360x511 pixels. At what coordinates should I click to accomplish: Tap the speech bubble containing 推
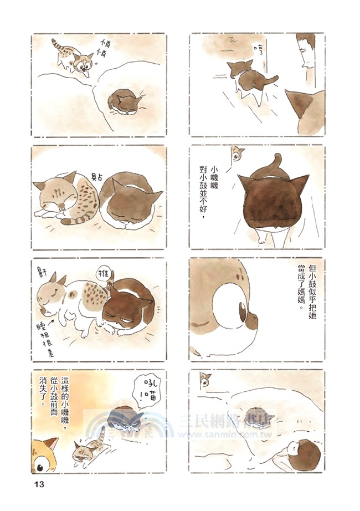(x=104, y=274)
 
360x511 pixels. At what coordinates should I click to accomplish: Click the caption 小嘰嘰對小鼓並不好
(x=208, y=190)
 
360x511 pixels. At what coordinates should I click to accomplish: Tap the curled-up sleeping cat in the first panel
(x=126, y=102)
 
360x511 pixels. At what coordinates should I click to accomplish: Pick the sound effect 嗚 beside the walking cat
(x=256, y=50)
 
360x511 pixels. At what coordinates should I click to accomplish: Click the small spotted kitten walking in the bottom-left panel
(x=86, y=450)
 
